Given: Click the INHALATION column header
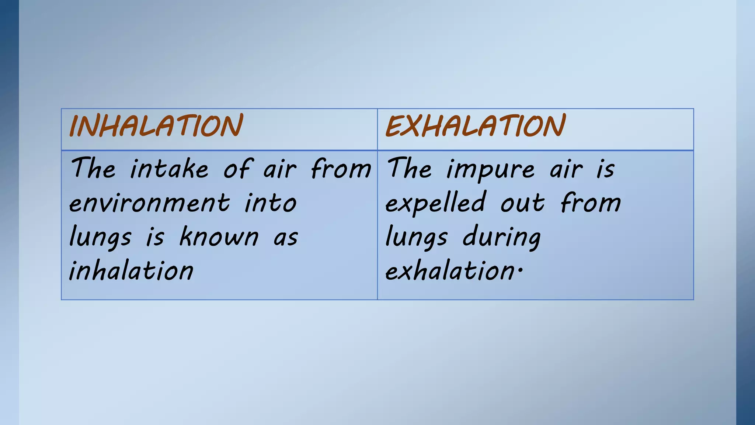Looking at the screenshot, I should pos(156,126).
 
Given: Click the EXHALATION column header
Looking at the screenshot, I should pos(475,126).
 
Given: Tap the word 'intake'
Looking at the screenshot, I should pos(169,169).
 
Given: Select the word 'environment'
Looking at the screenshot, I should pos(149,203).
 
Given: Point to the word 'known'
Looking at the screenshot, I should pos(219,237).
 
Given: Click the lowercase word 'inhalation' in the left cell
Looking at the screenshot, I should pos(131,271).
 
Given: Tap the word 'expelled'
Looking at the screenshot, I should pos(435,203).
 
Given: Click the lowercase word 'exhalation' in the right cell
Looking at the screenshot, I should pos(449,271).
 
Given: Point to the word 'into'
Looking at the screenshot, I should pos(271,203).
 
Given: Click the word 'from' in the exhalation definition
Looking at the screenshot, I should pos(591,203).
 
